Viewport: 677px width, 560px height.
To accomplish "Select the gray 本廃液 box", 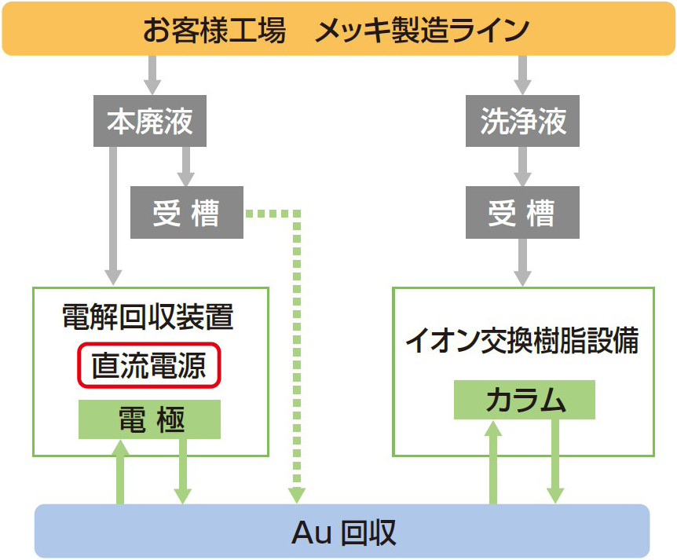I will click(150, 122).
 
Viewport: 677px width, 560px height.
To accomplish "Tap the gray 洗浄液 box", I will click(522, 122).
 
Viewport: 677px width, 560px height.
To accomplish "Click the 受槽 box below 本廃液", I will click(187, 213).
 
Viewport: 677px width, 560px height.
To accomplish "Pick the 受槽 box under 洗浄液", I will click(522, 213).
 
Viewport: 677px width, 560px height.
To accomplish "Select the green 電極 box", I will click(150, 419).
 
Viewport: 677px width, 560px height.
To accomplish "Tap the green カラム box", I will click(525, 400).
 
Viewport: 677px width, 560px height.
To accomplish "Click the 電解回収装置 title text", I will click(148, 317).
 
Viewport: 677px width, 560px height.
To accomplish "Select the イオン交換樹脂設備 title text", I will click(522, 341).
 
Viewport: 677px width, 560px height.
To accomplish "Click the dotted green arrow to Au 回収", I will click(297, 353).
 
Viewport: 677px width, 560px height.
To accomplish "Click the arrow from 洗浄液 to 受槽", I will click(522, 166).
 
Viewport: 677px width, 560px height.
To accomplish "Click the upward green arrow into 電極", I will click(121, 471).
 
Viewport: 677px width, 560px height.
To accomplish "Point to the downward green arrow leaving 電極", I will click(182, 471).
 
